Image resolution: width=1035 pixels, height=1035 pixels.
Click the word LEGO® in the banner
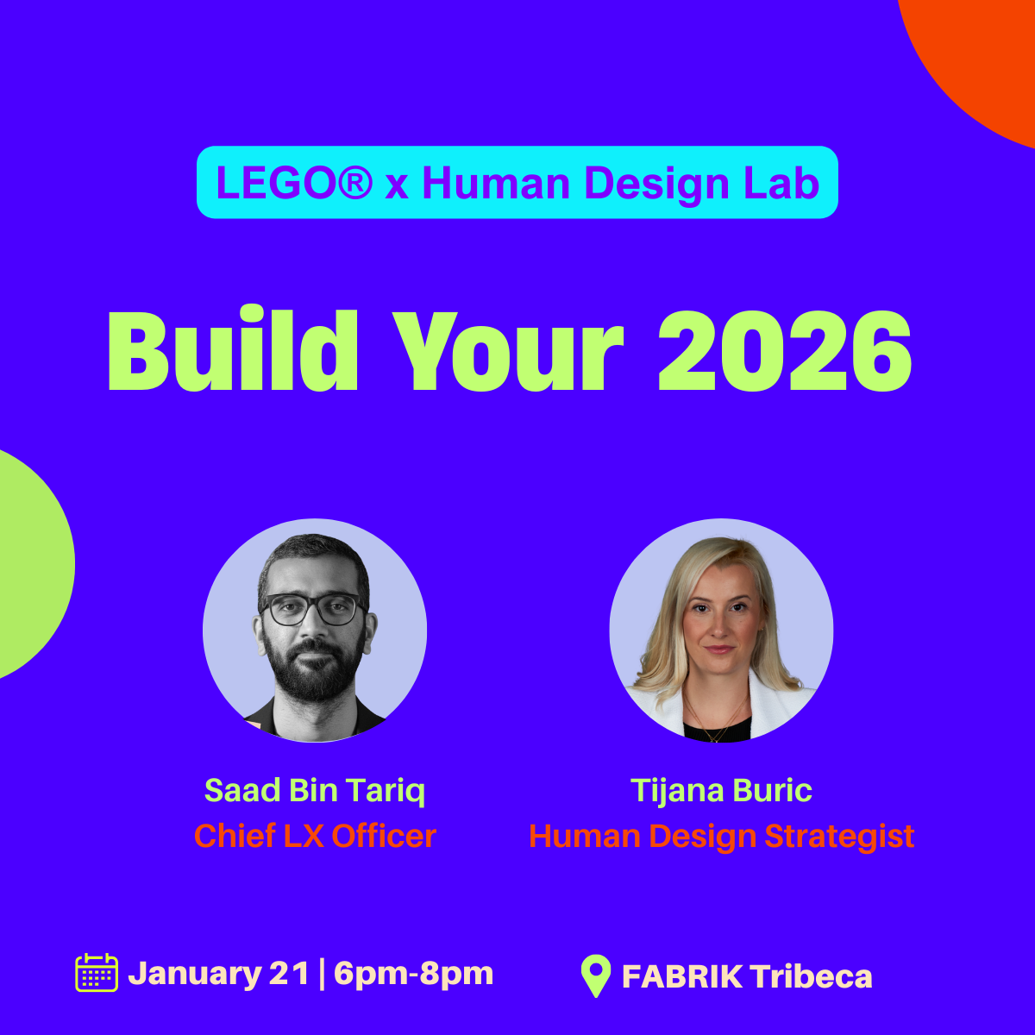coord(294,183)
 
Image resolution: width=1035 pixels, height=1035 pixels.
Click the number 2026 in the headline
coord(784,351)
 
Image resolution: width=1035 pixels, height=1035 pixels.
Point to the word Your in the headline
coord(507,351)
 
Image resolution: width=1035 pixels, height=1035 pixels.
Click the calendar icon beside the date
coord(97,973)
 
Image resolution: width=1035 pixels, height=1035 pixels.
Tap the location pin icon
coord(596,975)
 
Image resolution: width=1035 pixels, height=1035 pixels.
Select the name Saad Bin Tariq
coord(315,791)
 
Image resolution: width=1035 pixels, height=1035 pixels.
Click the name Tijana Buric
coord(721,791)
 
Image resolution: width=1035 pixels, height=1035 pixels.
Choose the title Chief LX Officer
coord(315,836)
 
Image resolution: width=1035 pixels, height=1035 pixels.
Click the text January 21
coord(219,973)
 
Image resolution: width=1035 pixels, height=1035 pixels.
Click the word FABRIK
coord(682,975)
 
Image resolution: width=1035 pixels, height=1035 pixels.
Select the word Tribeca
coord(811,975)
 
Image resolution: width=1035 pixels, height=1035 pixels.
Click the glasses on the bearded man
coord(311,609)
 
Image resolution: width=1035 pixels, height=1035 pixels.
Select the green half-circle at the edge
coord(32,564)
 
